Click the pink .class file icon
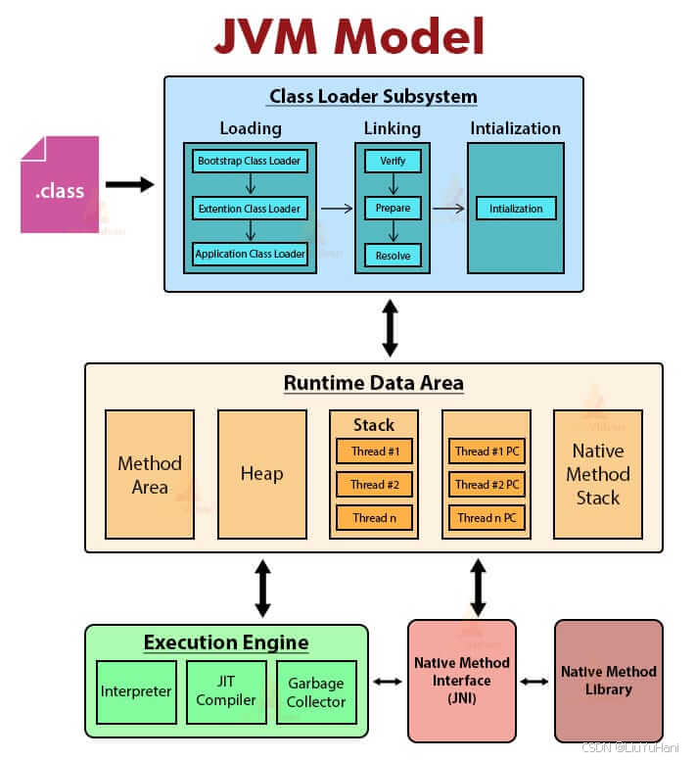pyautogui.click(x=59, y=185)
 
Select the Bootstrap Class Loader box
pyautogui.click(x=250, y=160)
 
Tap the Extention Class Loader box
pyautogui.click(x=250, y=208)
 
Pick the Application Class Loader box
pyautogui.click(x=250, y=254)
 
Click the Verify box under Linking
pyautogui.click(x=393, y=161)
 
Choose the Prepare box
pyautogui.click(x=393, y=208)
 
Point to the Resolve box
pyautogui.click(x=393, y=255)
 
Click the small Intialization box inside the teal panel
pyautogui.click(x=516, y=208)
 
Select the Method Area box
pyautogui.click(x=150, y=474)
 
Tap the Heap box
pyautogui.click(x=261, y=474)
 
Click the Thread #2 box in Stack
pyautogui.click(x=374, y=484)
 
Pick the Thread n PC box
pyautogui.click(x=487, y=517)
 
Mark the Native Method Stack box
pyautogui.click(x=598, y=474)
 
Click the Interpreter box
pyautogui.click(x=137, y=691)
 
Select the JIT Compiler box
pyautogui.click(x=226, y=691)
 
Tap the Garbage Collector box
pyautogui.click(x=315, y=691)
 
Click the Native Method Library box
pyautogui.click(x=609, y=680)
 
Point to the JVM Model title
pyautogui.click(x=349, y=36)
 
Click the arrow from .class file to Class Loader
pyautogui.click(x=129, y=184)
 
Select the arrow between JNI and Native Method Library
pyautogui.click(x=534, y=681)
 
